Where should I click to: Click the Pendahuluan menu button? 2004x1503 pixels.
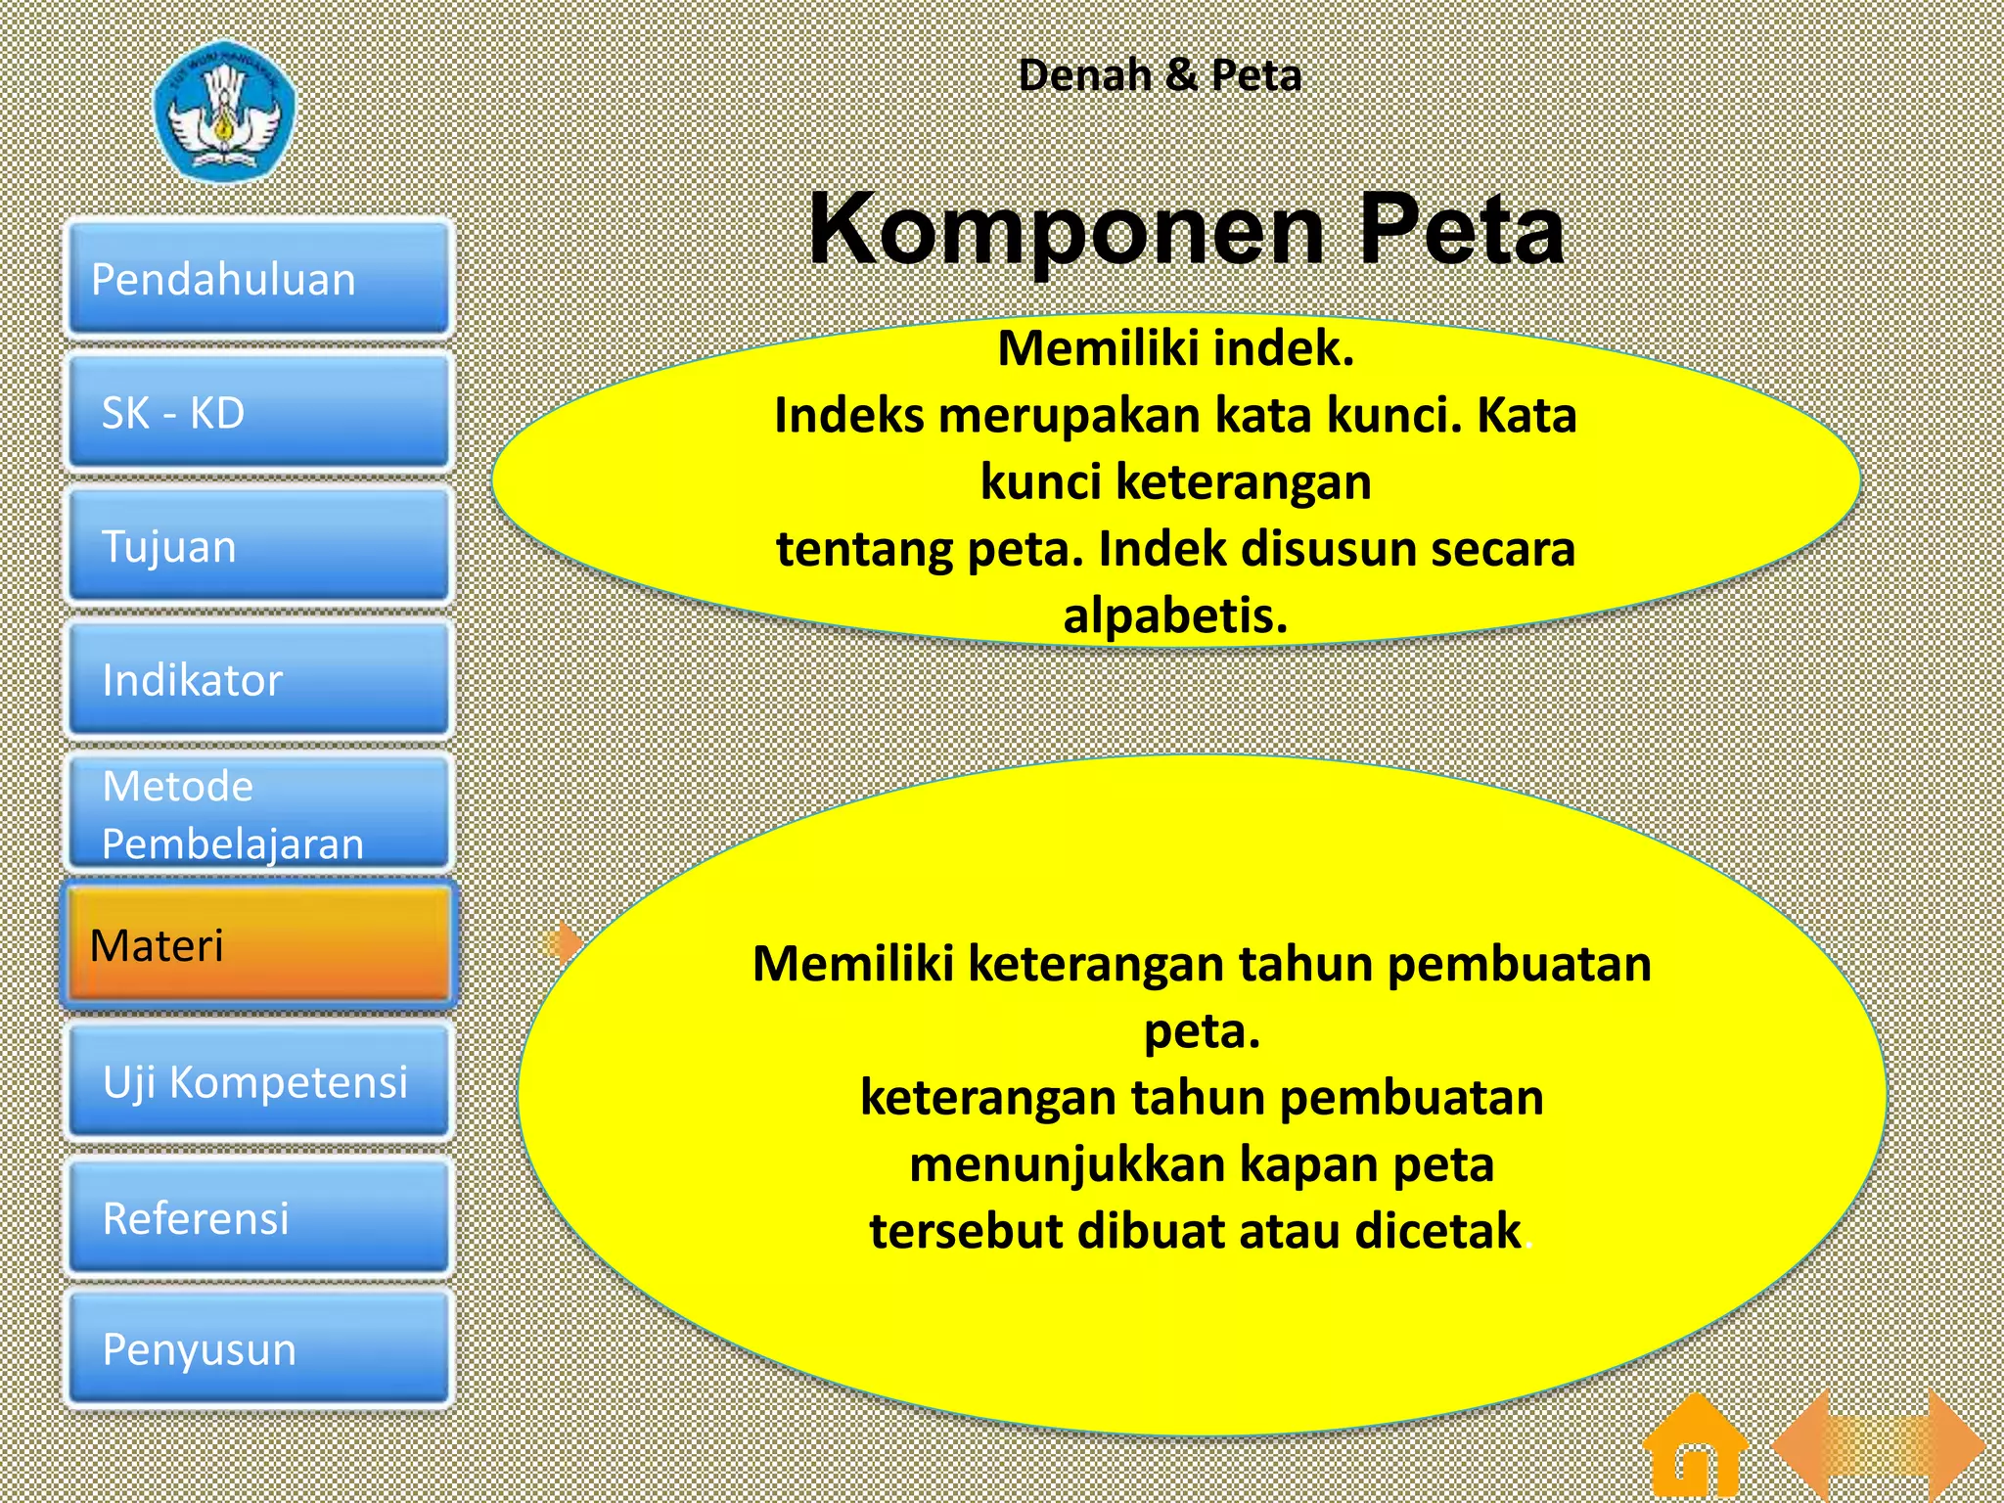[x=258, y=280]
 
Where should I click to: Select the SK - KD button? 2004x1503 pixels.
[x=258, y=413]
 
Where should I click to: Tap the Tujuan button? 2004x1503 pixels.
[x=258, y=546]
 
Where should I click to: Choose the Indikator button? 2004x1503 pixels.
[x=258, y=679]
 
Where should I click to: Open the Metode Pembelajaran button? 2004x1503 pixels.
[x=258, y=813]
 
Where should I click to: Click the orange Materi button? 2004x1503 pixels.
[x=258, y=945]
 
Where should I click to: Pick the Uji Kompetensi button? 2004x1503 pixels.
[x=258, y=1081]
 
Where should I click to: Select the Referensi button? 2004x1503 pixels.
[x=258, y=1217]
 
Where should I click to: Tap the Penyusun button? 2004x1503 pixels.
[x=258, y=1349]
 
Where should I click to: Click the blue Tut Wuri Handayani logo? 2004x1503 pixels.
[x=225, y=110]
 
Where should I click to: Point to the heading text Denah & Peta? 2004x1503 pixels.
[x=1160, y=75]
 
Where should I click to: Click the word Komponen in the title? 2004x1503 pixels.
[x=1067, y=230]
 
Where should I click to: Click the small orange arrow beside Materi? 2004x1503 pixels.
[x=564, y=943]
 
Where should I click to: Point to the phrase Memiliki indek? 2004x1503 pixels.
[x=1175, y=348]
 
